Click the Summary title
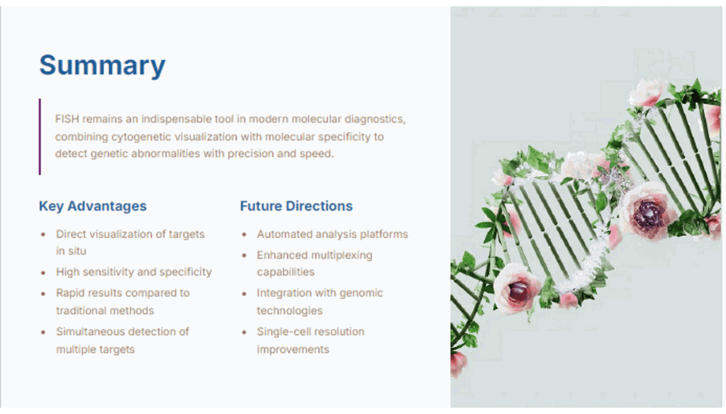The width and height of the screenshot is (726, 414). (102, 65)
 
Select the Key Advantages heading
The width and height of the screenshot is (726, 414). (93, 206)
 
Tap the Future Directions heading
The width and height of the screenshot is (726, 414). (296, 206)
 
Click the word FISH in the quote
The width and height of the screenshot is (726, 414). (67, 119)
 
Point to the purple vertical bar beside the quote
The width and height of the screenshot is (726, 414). (40, 137)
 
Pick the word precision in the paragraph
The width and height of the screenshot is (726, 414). (250, 154)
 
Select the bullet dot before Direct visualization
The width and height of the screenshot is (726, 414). (43, 235)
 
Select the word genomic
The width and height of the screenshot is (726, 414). (362, 293)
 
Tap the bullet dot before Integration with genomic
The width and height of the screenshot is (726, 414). (244, 293)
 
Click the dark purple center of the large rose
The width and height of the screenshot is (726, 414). (647, 214)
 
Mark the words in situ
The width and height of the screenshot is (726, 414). (72, 251)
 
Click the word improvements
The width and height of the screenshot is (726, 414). (293, 349)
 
